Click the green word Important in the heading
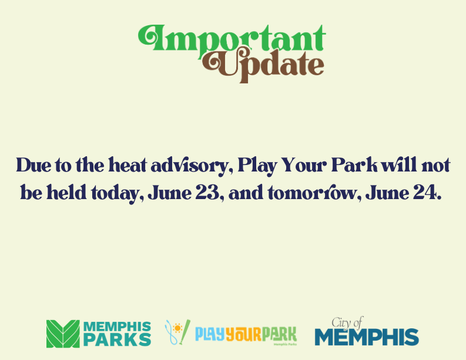232,39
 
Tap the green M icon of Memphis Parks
63,334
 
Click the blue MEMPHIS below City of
367,338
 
